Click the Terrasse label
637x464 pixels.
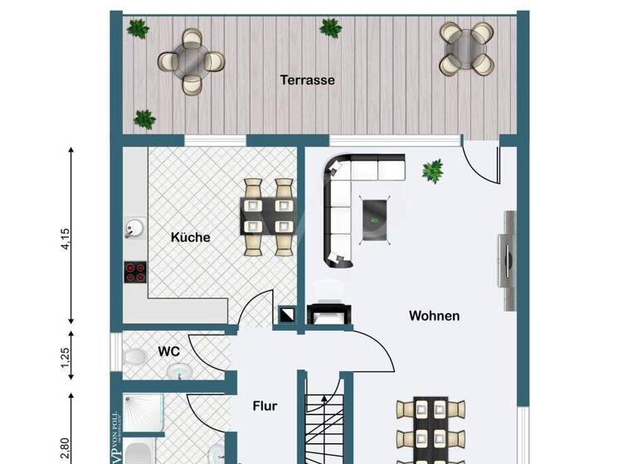click(x=307, y=80)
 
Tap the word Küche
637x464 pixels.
click(x=190, y=237)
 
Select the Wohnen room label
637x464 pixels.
click(x=434, y=316)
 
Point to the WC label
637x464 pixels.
click(x=169, y=350)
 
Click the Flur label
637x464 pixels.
click(x=265, y=406)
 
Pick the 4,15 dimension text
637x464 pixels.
click(x=67, y=236)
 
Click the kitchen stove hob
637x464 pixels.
click(x=134, y=272)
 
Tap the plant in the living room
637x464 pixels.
click(x=432, y=172)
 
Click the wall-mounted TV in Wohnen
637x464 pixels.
click(x=506, y=249)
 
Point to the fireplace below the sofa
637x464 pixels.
click(x=327, y=314)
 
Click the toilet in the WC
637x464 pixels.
click(x=133, y=358)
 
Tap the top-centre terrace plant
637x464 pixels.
click(x=330, y=28)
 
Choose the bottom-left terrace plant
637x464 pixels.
click(x=145, y=119)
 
